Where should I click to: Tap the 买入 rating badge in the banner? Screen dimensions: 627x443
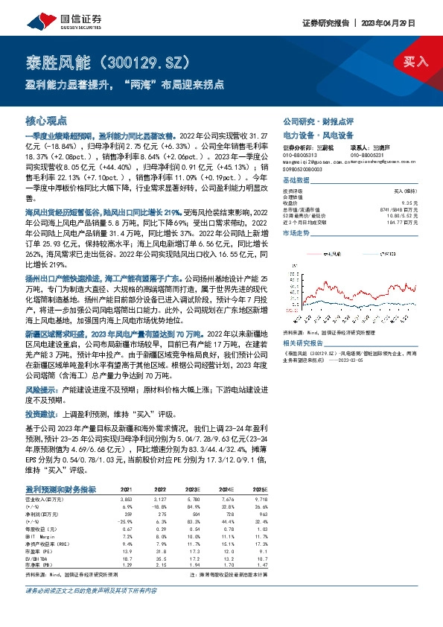pos(415,63)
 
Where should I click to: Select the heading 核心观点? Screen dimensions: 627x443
pos(46,120)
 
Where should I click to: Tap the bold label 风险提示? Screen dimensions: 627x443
pos(42,388)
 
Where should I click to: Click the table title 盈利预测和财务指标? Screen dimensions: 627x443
pos(60,488)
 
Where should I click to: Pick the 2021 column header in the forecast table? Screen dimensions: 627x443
pos(127,488)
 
